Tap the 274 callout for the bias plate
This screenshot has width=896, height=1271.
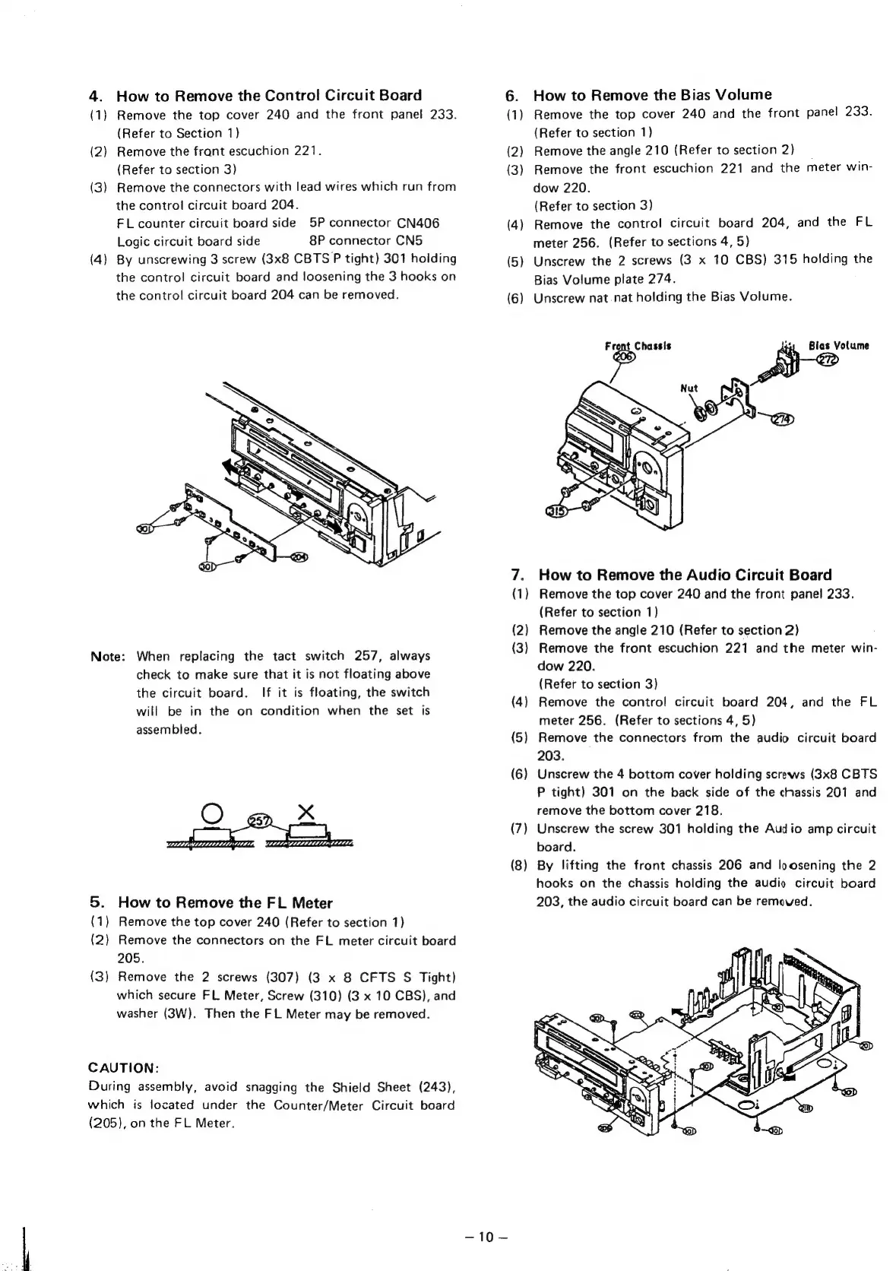pyautogui.click(x=780, y=420)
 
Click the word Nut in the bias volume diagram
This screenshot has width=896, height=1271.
pyautogui.click(x=689, y=388)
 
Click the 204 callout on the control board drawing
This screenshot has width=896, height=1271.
pyautogui.click(x=299, y=557)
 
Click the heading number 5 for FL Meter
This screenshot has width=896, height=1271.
pyautogui.click(x=96, y=902)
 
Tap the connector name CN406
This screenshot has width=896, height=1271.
pyautogui.click(x=417, y=223)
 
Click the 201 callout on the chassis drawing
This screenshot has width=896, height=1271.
pyautogui.click(x=866, y=1047)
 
